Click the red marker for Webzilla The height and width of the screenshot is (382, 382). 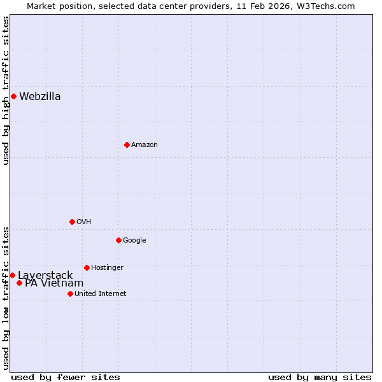[x=13, y=96]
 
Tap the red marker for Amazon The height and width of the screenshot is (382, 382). [x=127, y=145]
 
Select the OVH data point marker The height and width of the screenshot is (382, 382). [x=72, y=222]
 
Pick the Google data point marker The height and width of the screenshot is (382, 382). [x=118, y=240]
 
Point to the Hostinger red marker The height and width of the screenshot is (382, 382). [x=87, y=267]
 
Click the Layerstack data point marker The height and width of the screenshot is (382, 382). [x=12, y=275]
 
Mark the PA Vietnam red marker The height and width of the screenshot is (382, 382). [x=20, y=283]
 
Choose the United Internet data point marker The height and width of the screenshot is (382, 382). [x=70, y=294]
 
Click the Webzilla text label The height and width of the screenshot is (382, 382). [x=40, y=97]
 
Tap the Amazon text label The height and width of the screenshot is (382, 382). [x=145, y=145]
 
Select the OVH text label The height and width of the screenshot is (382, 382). [x=84, y=222]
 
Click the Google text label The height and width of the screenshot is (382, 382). [x=134, y=241]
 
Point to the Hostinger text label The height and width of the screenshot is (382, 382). [x=107, y=268]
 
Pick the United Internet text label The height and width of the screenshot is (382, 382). [x=101, y=294]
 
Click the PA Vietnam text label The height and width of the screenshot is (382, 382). [x=54, y=283]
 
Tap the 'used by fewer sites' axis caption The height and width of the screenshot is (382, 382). [x=66, y=377]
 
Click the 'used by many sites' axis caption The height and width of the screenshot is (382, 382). [x=320, y=377]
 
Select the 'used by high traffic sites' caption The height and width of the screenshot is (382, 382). [x=6, y=90]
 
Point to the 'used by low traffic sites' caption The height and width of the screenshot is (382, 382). [x=6, y=298]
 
